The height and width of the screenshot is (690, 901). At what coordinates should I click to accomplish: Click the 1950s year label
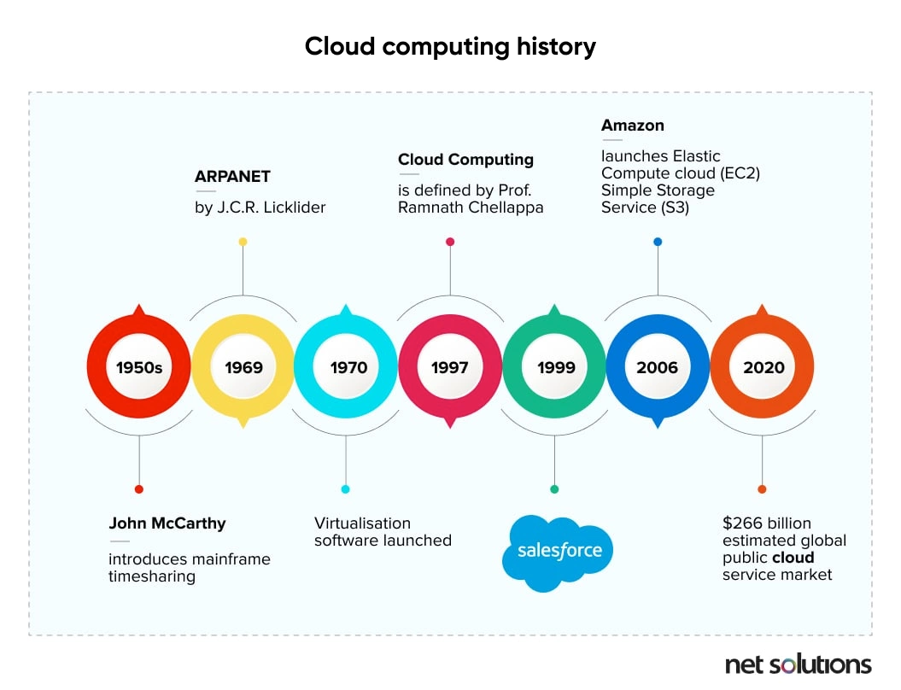[x=139, y=367]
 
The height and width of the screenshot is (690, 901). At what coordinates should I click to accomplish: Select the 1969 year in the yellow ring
[x=243, y=367]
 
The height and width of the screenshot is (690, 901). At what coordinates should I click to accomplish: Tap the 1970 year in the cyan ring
[x=348, y=367]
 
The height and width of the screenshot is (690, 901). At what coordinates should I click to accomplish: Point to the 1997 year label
[x=450, y=367]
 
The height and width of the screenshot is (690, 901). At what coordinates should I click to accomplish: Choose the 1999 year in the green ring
[x=556, y=367]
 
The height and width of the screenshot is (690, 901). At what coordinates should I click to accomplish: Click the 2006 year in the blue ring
[x=657, y=367]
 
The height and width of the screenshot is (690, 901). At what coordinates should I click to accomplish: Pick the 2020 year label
[x=764, y=367]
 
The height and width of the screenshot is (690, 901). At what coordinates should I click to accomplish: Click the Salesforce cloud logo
[x=558, y=553]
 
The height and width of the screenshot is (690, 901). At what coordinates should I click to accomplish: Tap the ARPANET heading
[x=232, y=177]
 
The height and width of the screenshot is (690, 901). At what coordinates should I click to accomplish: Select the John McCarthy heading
[x=167, y=523]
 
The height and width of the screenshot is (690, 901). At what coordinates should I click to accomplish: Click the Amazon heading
[x=633, y=126]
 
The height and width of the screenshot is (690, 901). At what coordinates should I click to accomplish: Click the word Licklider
[x=294, y=208]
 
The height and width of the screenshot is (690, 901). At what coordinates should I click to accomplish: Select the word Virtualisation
[x=362, y=523]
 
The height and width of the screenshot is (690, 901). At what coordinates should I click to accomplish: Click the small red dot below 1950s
[x=138, y=489]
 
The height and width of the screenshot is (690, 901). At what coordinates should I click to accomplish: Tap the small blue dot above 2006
[x=658, y=242]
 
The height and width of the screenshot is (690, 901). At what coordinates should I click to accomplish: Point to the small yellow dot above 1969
[x=243, y=242]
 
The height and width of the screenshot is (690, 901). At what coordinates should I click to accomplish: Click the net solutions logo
[x=799, y=664]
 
